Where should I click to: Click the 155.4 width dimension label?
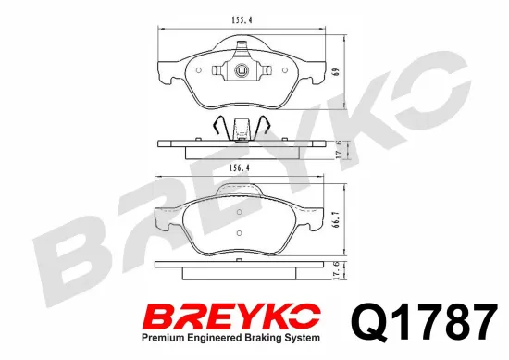click(242, 20)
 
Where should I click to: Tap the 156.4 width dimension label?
click(239, 168)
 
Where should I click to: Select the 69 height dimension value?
click(337, 72)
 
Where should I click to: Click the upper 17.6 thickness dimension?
click(339, 150)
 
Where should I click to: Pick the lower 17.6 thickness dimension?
click(337, 270)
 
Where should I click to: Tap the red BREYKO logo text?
click(232, 317)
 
